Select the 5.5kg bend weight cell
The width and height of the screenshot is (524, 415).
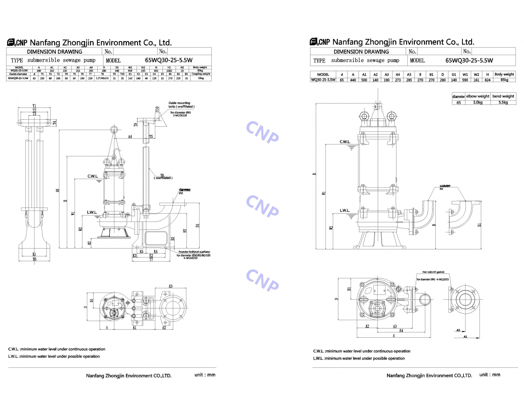tap(503, 102)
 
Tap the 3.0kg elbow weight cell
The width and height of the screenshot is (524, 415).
tap(478, 102)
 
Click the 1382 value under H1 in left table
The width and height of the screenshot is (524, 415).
tap(169, 70)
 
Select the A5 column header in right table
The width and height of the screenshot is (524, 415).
tap(409, 75)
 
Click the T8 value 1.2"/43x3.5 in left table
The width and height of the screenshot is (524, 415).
tap(102, 79)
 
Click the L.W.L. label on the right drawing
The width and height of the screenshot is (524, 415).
tap(345, 211)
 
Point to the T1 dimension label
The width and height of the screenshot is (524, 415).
tap(34, 106)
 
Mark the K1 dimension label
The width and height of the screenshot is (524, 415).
tap(34, 254)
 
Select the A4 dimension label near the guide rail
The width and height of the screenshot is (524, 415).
tap(130, 137)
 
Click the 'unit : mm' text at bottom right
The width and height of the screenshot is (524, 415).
tap(490, 374)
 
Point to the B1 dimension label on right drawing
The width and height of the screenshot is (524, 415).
tap(480, 225)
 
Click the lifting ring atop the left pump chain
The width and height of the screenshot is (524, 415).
tap(114, 129)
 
